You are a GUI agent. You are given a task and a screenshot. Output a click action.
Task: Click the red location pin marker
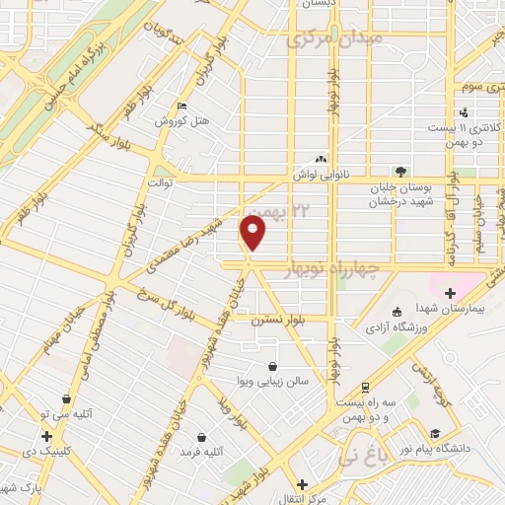click(253, 232)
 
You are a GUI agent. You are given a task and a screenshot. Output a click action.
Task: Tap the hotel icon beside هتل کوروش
click(180, 107)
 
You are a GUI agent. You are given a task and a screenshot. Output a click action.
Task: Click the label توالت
click(159, 182)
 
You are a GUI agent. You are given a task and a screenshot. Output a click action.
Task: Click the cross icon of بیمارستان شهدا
click(451, 292)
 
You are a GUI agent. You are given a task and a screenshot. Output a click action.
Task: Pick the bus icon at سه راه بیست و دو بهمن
click(366, 388)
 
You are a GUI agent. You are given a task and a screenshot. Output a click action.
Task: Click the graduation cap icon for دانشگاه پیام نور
click(434, 432)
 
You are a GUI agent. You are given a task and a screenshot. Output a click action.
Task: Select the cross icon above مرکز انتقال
click(302, 483)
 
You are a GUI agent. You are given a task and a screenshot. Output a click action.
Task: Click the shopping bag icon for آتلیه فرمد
click(202, 436)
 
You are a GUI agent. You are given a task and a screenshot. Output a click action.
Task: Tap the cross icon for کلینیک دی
click(46, 436)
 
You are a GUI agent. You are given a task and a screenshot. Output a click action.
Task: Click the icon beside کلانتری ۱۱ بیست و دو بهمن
click(463, 112)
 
